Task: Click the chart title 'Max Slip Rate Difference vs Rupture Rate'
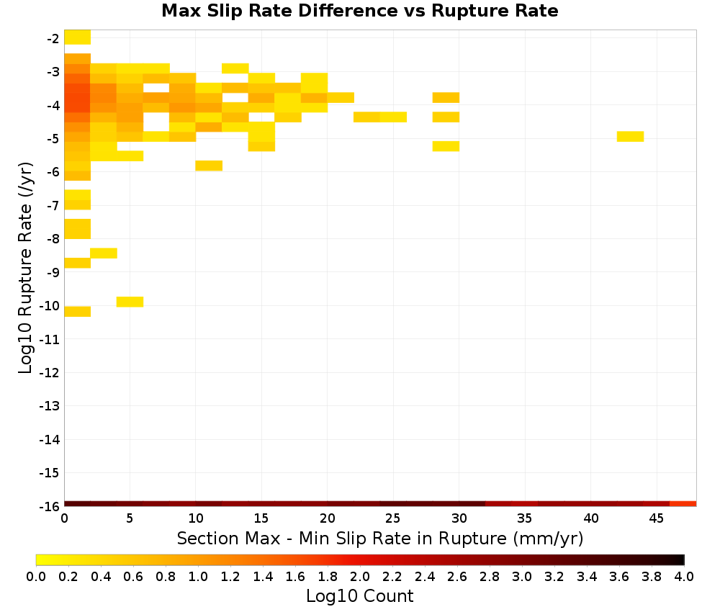tap(359, 11)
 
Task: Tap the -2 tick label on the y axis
tap(53, 39)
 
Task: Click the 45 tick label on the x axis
tap(656, 518)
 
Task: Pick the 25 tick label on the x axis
tap(392, 518)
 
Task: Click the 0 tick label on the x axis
tap(64, 518)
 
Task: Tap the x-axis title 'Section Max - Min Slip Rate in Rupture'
tap(341, 538)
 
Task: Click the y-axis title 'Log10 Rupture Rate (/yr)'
tap(25, 268)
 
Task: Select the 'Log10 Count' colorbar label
tap(359, 596)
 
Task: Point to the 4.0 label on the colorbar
tap(684, 577)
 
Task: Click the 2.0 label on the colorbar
tap(359, 577)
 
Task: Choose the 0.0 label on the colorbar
tap(36, 577)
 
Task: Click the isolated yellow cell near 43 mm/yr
tap(630, 136)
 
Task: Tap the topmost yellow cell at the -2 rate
tap(77, 37)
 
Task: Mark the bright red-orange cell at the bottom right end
tap(683, 504)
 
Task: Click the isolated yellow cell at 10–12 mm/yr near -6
tap(209, 166)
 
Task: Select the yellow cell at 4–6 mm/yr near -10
tap(130, 302)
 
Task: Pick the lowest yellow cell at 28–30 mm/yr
tap(446, 146)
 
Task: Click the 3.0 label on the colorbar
tap(521, 577)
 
